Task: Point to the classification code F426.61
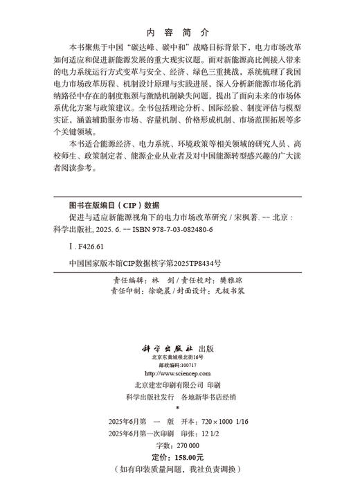click(x=86, y=246)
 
